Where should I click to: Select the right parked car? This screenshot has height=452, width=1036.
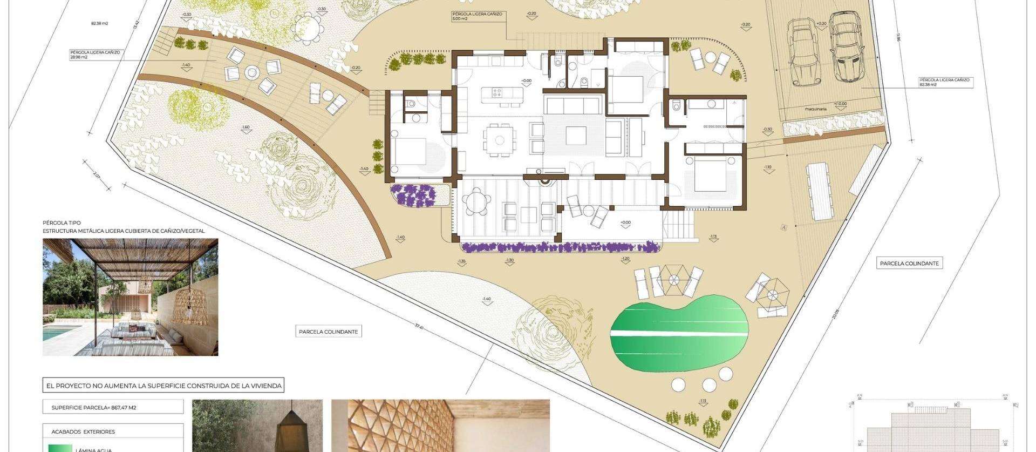(x=843, y=48)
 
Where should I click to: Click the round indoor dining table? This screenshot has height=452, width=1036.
(x=500, y=140)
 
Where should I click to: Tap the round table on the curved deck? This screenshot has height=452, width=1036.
(x=252, y=72)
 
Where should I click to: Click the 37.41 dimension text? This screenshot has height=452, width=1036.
(x=419, y=326)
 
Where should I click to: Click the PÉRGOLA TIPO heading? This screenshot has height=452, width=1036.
(x=62, y=222)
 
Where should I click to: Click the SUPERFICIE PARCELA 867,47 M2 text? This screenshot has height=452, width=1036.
(x=94, y=407)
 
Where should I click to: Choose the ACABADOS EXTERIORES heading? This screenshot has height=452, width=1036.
(x=83, y=431)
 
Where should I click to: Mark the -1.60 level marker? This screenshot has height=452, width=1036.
(x=246, y=128)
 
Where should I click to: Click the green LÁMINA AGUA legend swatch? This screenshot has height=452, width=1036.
(x=59, y=448)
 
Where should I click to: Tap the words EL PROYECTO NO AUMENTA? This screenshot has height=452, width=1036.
(x=86, y=386)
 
